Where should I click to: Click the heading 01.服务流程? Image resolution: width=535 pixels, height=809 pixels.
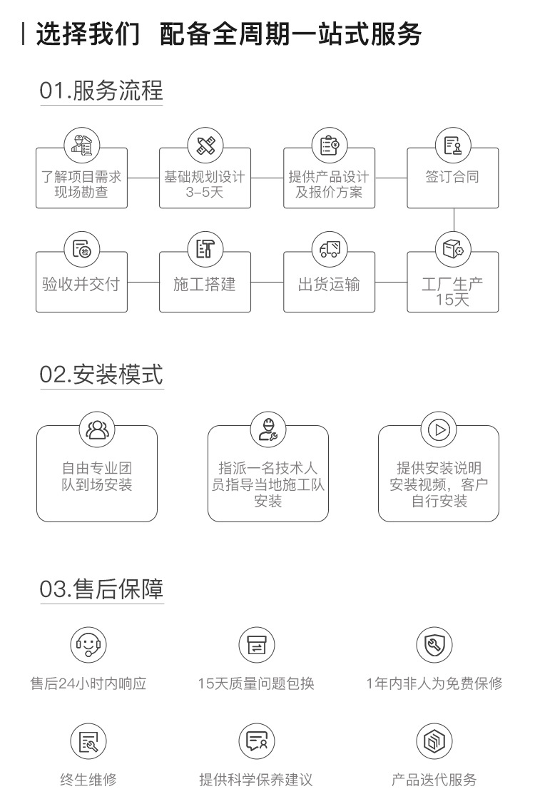[x=101, y=91]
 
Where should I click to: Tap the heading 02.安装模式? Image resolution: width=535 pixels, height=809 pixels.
[x=101, y=374]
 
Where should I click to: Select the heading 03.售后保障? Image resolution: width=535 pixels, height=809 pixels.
[x=101, y=589]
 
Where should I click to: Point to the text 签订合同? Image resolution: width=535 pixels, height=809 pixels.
[x=452, y=177]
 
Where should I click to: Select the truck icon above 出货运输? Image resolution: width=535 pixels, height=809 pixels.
[x=330, y=250]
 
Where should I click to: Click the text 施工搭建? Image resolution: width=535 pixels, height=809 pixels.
[x=205, y=285]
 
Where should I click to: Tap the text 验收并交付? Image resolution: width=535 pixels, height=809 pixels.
[x=81, y=285]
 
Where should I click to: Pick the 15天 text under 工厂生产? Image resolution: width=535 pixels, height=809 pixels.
[x=452, y=300]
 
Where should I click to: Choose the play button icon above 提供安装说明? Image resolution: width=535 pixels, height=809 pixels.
[x=439, y=429]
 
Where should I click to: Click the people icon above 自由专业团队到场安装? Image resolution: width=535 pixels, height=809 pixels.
[x=97, y=429]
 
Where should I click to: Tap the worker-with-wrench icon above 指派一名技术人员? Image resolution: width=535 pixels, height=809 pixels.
[x=268, y=429]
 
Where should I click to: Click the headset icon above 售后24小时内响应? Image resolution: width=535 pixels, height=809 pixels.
[x=88, y=645]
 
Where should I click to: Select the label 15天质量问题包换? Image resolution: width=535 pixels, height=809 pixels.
[x=256, y=683]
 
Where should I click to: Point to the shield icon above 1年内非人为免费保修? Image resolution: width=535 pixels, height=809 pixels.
[x=434, y=645]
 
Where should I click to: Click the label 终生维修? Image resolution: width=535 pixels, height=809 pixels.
[x=88, y=780]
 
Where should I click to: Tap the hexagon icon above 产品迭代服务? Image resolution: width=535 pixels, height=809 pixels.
[x=434, y=742]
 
